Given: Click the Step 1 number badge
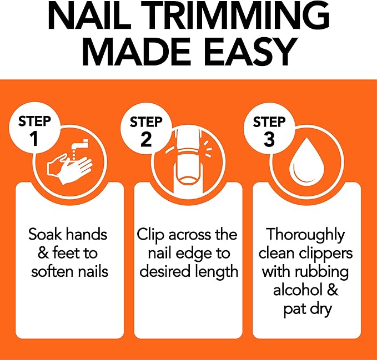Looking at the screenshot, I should tap(35, 131).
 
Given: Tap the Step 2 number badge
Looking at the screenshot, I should tap(146, 131).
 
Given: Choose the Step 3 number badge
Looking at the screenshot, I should tap(269, 131).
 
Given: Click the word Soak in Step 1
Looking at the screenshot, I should tap(46, 235).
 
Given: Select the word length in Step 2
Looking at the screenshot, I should tap(218, 272).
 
